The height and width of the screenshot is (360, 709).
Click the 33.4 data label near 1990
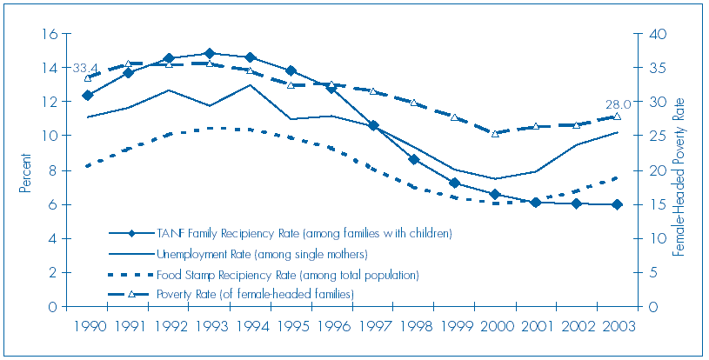click(84, 68)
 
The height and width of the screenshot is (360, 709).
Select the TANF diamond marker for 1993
click(210, 54)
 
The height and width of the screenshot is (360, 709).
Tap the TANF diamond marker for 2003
click(616, 204)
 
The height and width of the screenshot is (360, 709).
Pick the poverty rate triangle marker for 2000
click(495, 133)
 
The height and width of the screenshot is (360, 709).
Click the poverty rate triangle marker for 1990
click(87, 78)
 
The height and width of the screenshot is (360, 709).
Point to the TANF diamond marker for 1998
click(414, 159)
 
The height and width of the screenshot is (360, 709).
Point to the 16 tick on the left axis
click(50, 34)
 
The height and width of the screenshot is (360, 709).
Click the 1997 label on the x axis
click(373, 327)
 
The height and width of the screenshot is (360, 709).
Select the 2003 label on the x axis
click(617, 327)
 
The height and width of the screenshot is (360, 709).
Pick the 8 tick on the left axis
click(53, 170)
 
